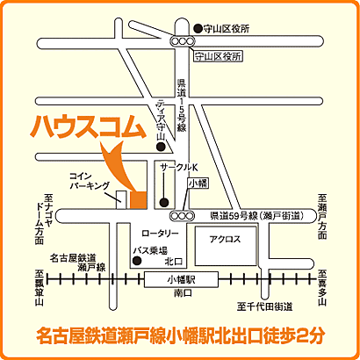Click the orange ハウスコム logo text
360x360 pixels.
[x=85, y=126]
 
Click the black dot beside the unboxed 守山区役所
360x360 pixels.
[x=198, y=28]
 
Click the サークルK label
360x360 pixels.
[x=179, y=166]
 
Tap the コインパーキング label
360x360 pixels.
[x=90, y=181]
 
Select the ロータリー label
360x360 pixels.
[x=160, y=234]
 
